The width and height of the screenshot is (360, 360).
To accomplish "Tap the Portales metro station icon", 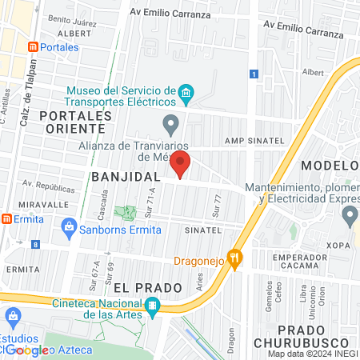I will click(x=34, y=46).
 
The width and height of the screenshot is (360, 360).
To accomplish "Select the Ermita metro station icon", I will click(x=6, y=218).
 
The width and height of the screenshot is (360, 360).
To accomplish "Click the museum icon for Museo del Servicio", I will click(x=186, y=94).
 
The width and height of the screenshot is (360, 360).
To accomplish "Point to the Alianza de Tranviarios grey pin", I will click(x=170, y=125).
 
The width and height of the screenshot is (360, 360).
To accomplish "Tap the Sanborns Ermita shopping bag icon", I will click(x=70, y=230).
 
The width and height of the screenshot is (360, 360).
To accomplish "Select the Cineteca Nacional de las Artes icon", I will click(x=152, y=305).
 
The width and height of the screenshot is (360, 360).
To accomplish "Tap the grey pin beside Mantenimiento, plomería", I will click(x=349, y=214).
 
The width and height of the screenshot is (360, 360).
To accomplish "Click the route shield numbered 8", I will click(x=35, y=245).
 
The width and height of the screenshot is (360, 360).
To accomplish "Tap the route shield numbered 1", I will click(x=254, y=74).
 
